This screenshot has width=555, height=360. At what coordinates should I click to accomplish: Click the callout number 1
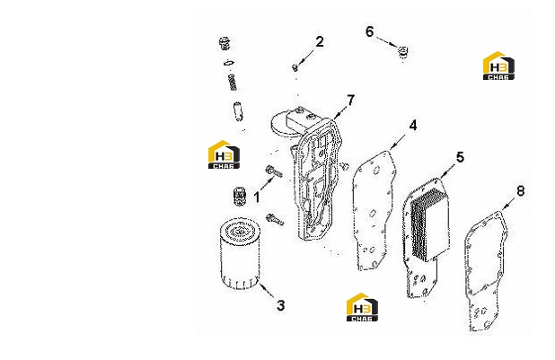pyautogui.click(x=257, y=198)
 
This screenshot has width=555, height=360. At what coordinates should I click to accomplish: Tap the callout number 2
pyautogui.click(x=320, y=42)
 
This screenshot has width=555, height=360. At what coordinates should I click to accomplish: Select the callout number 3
pyautogui.click(x=280, y=305)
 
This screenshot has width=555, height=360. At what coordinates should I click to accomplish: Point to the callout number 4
pyautogui.click(x=413, y=126)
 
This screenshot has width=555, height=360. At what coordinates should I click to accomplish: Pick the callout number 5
pyautogui.click(x=460, y=157)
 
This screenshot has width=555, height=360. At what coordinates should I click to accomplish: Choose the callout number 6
pyautogui.click(x=369, y=31)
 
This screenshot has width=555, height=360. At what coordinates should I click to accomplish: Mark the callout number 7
pyautogui.click(x=350, y=101)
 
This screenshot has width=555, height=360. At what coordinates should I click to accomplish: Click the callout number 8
pyautogui.click(x=521, y=191)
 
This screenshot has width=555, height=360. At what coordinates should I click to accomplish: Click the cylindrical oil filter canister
pyautogui.click(x=240, y=254)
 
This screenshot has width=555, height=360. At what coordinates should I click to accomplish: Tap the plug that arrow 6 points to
pyautogui.click(x=402, y=52)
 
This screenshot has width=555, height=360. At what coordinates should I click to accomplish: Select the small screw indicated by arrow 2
pyautogui.click(x=295, y=67)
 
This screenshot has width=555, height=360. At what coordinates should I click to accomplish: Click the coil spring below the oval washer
pyautogui.click(x=233, y=82)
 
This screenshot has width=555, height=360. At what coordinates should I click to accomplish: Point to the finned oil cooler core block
pyautogui.click(x=429, y=224)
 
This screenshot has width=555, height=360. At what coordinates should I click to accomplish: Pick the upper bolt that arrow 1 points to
pyautogui.click(x=274, y=171)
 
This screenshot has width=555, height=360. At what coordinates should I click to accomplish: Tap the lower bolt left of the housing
pyautogui.click(x=275, y=219)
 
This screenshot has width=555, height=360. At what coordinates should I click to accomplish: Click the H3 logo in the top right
pyautogui.click(x=498, y=66)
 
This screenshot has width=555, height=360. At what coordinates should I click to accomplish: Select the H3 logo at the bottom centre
pyautogui.click(x=362, y=307)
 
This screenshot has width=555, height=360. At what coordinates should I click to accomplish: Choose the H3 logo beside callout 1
pyautogui.click(x=224, y=154)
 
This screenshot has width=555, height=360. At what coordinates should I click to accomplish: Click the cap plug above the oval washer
pyautogui.click(x=225, y=43)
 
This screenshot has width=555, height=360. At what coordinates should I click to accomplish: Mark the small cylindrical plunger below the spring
pyautogui.click(x=238, y=111)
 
